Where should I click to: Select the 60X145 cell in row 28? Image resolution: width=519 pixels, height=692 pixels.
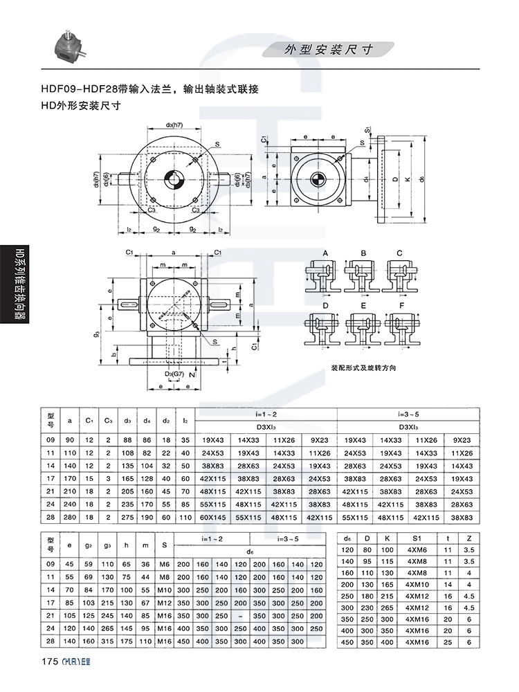(213, 516)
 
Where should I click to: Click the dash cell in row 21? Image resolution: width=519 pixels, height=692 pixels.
(239, 616)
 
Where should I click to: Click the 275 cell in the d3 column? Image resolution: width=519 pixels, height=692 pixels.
(127, 516)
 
